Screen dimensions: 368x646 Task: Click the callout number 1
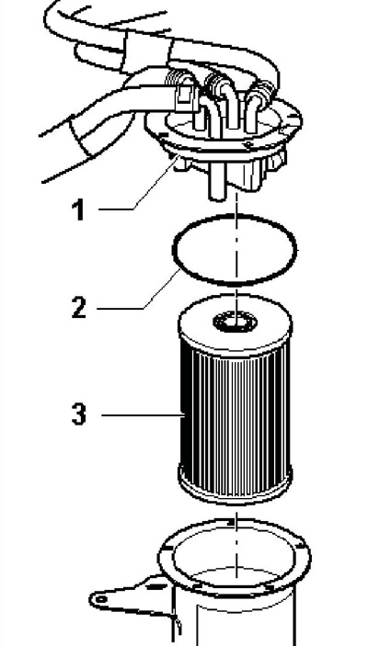point(78,210)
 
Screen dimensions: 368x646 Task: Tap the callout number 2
point(79,307)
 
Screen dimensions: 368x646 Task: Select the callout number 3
point(79,414)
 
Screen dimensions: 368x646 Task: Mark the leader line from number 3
point(143,415)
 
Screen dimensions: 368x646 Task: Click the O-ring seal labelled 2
point(234,220)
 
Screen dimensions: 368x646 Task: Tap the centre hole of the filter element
point(235,322)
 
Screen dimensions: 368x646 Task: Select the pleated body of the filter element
point(235,416)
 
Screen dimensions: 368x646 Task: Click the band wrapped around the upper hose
point(146,51)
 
